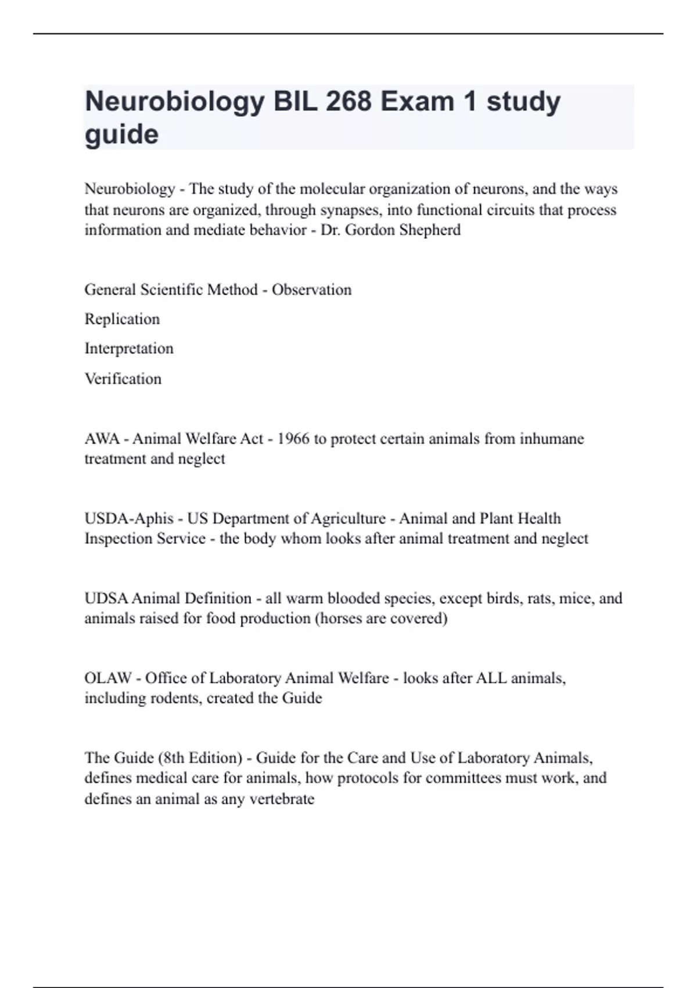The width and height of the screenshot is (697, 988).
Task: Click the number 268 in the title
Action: (x=348, y=101)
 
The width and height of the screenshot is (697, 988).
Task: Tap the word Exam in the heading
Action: (x=417, y=101)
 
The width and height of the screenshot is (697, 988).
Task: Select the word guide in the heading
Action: (x=121, y=134)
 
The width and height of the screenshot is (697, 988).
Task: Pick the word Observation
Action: (x=311, y=289)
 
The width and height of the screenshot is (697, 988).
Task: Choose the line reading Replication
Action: (x=122, y=319)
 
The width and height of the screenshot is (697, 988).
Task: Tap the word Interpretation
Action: (x=129, y=349)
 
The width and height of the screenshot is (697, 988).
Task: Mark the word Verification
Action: (x=123, y=379)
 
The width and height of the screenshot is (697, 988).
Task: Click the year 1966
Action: (x=293, y=438)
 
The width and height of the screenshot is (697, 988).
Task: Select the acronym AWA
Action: (x=102, y=438)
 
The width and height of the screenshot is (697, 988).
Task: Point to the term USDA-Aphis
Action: (x=129, y=518)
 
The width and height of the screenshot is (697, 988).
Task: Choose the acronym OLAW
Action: (x=108, y=678)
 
